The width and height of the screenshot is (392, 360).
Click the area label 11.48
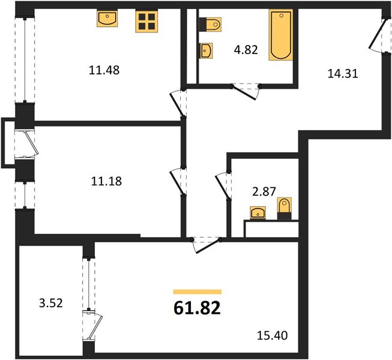tap(104, 70)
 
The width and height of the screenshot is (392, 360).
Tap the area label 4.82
tap(246, 50)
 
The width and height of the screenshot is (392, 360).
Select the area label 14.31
tap(343, 74)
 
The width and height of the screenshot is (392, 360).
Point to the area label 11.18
tap(106, 181)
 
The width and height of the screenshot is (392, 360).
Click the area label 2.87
tap(264, 191)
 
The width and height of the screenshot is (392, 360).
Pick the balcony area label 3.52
tap(51, 303)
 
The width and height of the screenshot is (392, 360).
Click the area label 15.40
tap(273, 335)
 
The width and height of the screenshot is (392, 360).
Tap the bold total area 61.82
tap(198, 308)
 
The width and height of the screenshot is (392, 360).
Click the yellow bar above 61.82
tap(198, 292)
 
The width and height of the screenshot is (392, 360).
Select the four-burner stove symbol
tap(146, 21)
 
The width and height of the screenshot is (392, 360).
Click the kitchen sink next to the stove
tap(107, 19)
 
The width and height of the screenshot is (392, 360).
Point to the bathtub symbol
tap(281, 35)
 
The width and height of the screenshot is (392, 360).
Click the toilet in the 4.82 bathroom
tap(210, 24)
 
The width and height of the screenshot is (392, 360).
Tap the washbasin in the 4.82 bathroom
tap(206, 51)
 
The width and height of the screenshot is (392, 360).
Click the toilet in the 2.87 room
tap(285, 208)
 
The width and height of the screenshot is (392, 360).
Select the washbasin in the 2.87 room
tap(258, 213)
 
